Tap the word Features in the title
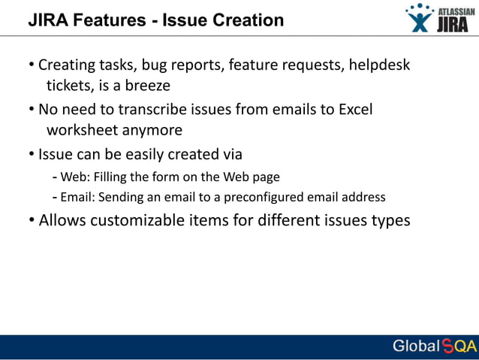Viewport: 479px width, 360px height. tap(108, 20)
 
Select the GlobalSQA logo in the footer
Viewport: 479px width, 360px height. tap(434, 346)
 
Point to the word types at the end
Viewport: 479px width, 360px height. tap(391, 221)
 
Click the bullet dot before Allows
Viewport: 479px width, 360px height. tap(32, 221)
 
